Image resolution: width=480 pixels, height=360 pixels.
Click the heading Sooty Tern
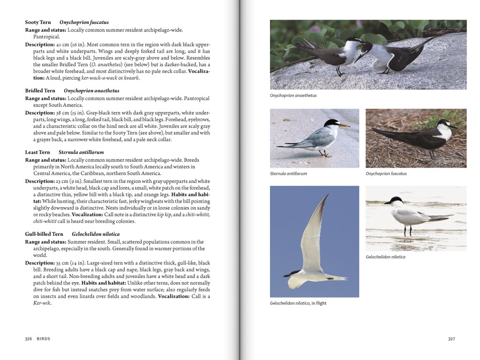pyautogui.click(x=38, y=22)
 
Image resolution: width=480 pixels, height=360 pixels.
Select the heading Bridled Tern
pyautogui.click(x=40, y=91)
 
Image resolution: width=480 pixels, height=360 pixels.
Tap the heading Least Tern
pyautogui.click(x=37, y=152)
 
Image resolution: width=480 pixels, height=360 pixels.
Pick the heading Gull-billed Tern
pyautogui.click(x=44, y=234)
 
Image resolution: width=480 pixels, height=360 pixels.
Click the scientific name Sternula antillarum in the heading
pyautogui.click(x=81, y=152)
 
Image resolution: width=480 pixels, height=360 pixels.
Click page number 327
pyautogui.click(x=451, y=338)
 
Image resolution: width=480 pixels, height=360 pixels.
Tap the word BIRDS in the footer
pyautogui.click(x=44, y=338)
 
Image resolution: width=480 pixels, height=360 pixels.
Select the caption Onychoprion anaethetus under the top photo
pyautogui.click(x=293, y=96)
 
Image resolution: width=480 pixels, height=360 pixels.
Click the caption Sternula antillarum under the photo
pyautogui.click(x=288, y=173)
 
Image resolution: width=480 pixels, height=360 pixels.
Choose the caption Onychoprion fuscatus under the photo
pyautogui.click(x=386, y=173)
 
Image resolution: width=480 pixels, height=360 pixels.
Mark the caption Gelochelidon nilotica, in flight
pyautogui.click(x=298, y=303)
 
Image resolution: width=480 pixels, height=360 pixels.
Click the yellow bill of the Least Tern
pyautogui.click(x=344, y=125)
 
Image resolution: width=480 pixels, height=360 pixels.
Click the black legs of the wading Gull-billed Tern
pyautogui.click(x=407, y=230)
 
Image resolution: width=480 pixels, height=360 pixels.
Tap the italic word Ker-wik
pyautogui.click(x=42, y=303)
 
